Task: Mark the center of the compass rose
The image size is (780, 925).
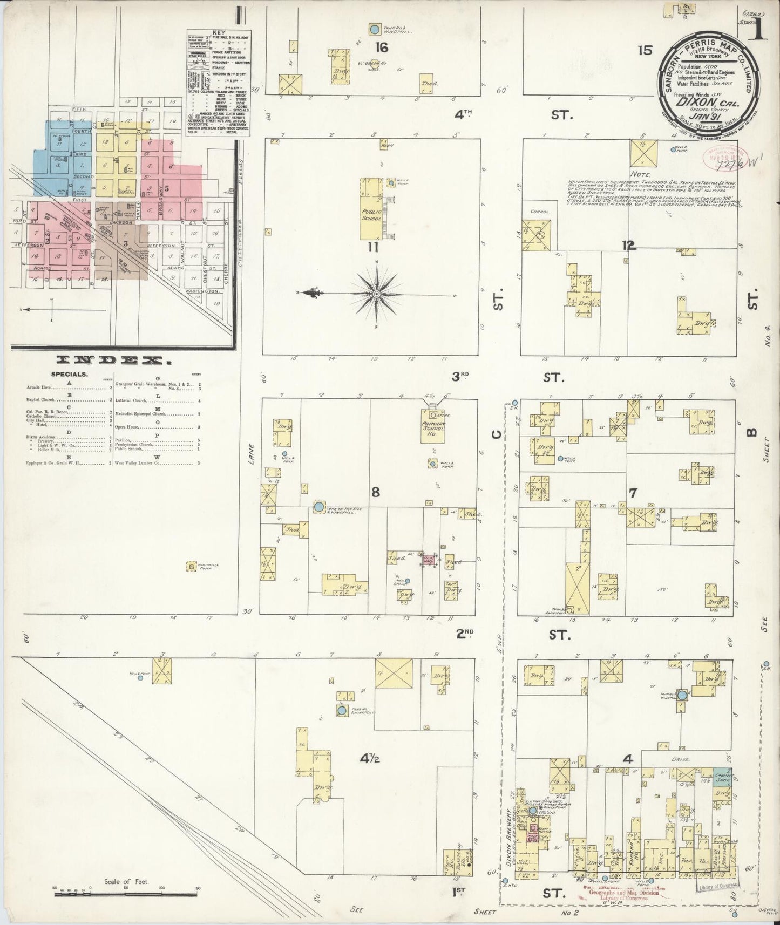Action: pos(376,294)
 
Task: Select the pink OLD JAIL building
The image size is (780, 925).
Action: pos(430,560)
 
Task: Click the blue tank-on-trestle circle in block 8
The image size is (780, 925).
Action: pos(319,507)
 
